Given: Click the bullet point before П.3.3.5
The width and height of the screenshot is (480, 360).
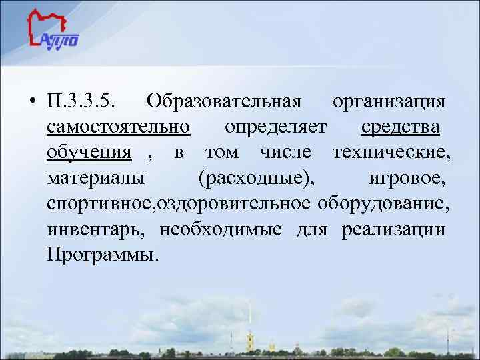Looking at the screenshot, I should [32, 103].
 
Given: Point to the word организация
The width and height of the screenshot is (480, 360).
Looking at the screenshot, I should [389, 101].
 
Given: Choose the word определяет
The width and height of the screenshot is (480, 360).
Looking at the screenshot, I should [275, 127].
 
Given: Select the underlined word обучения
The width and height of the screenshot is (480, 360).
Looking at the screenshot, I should [89, 152].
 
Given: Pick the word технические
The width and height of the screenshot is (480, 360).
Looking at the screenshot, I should [391, 152].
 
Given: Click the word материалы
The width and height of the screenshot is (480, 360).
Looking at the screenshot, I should [99, 177].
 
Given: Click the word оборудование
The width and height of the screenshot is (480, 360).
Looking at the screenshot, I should [384, 203].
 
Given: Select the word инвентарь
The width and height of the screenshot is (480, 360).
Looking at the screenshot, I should [99, 229].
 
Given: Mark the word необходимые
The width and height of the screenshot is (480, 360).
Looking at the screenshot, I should [223, 229].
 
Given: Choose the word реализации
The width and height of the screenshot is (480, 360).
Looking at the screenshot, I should [393, 229].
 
